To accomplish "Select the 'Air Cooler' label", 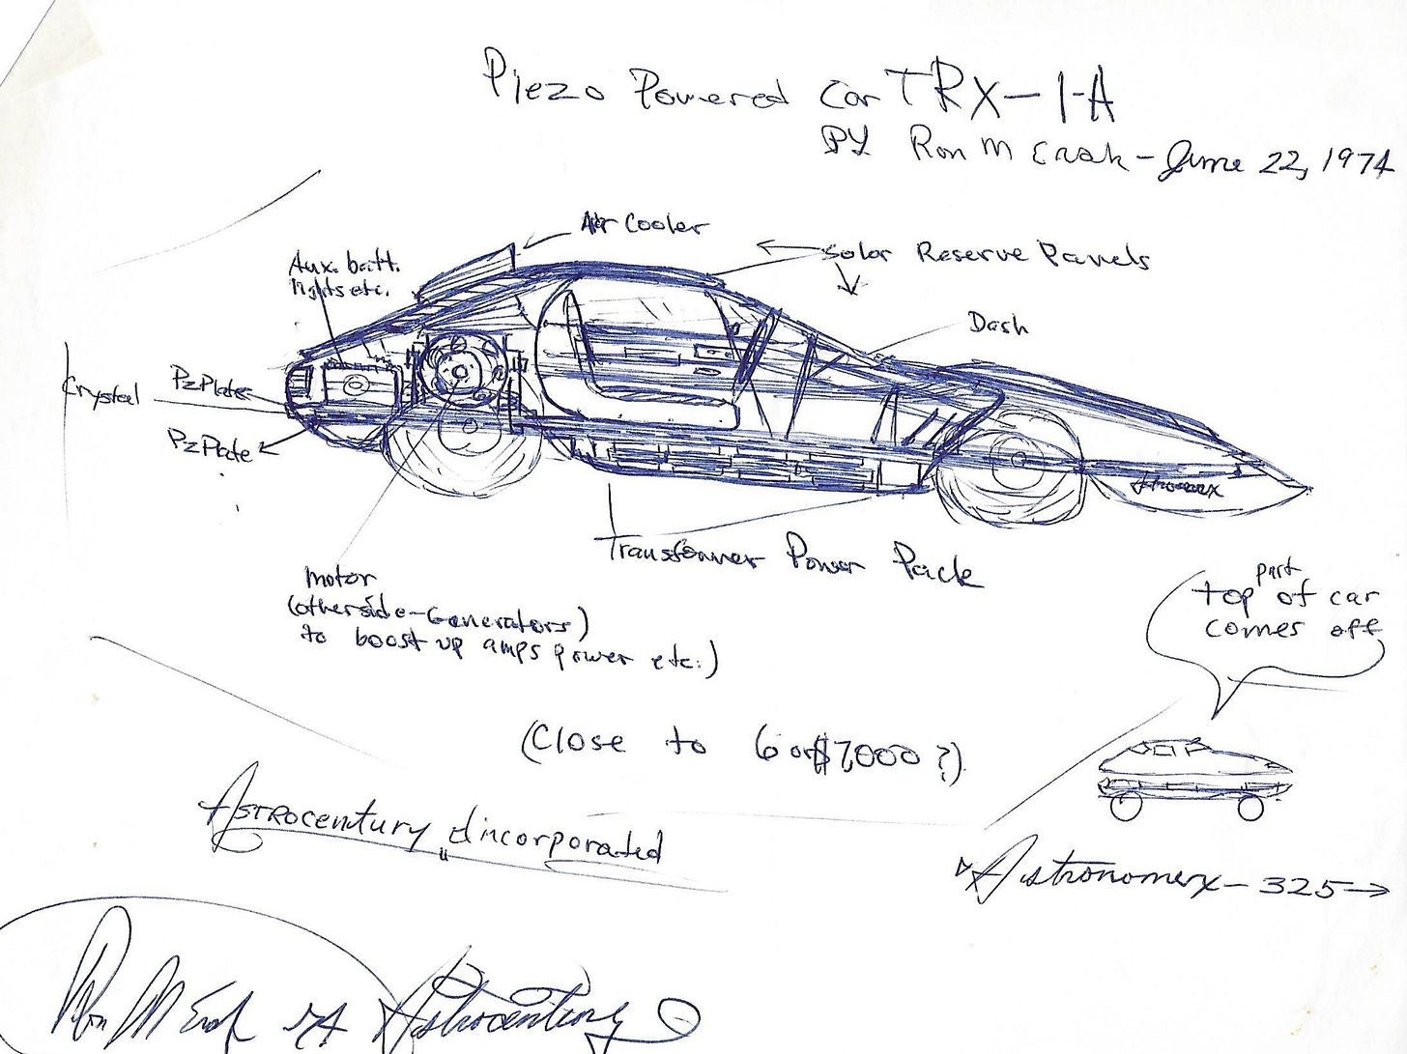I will pos(644,225).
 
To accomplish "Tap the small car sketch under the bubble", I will pos(1196,774).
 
